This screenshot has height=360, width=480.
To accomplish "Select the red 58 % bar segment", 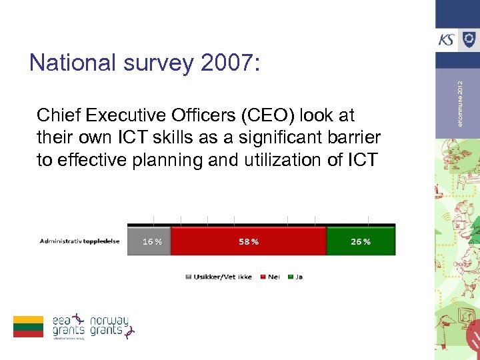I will point(249,241).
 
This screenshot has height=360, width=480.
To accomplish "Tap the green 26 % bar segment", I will point(361,241).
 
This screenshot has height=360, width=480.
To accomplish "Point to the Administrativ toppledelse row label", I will point(79,241).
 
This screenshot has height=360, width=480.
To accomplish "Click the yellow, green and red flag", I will point(28,326).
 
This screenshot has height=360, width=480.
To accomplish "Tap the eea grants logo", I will point(69,325).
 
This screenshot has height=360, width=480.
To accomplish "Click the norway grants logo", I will point(112,325).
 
